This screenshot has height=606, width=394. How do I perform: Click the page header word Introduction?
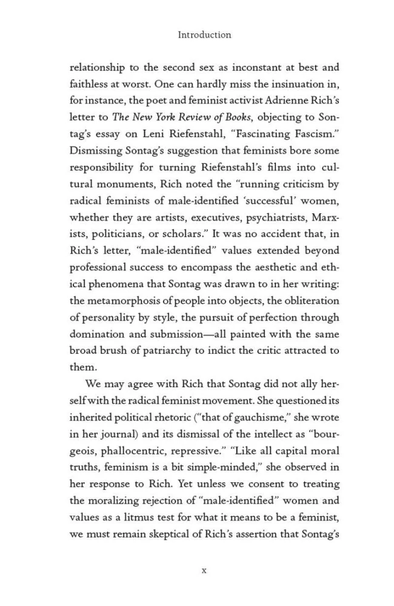tap(204, 35)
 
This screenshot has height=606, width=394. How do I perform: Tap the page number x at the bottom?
tap(204, 570)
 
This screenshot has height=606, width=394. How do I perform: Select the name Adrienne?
tap(285, 101)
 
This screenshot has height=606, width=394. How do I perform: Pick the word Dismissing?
tap(98, 151)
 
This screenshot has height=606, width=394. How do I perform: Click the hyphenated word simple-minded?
tap(221, 467)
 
